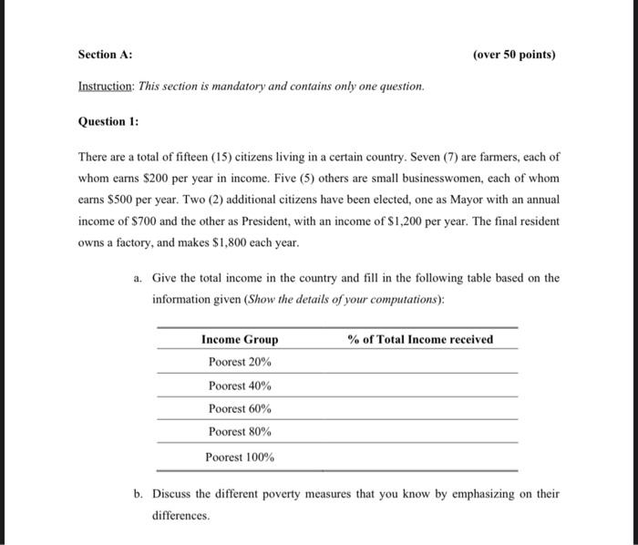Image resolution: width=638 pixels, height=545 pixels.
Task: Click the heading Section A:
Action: pos(105,55)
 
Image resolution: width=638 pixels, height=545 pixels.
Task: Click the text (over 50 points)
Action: pos(514,55)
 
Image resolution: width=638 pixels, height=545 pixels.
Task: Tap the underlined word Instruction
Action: pos(104,86)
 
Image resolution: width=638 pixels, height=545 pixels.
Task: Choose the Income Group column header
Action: pos(240,340)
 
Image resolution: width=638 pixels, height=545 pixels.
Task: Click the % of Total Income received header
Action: pos(420,340)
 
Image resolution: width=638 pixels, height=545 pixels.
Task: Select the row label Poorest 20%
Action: pos(240,362)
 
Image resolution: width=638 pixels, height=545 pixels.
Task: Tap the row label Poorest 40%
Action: pos(240,386)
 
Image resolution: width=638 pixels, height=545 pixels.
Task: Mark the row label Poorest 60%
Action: pos(240,408)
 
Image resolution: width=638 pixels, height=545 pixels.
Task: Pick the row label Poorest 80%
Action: pos(240,431)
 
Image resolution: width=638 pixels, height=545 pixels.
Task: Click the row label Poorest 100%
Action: pos(240,458)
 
